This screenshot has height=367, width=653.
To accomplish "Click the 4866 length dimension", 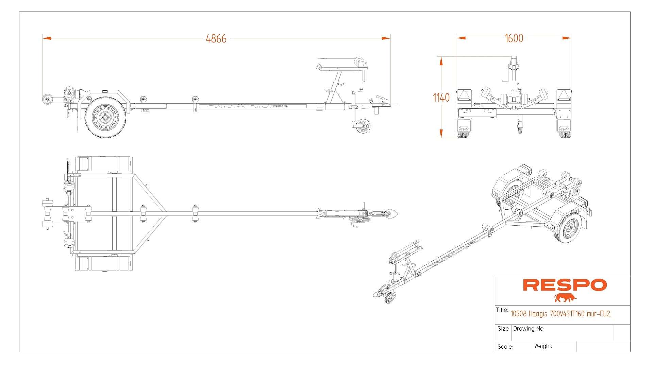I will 216,39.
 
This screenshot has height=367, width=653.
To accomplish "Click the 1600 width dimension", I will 514,38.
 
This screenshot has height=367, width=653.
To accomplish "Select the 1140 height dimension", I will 441,98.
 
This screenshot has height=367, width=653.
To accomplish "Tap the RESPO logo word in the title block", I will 565,285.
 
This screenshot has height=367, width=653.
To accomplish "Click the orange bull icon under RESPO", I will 565,298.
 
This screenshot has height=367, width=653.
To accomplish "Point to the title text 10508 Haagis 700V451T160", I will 560,314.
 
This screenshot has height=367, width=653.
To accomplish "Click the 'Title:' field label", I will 502,310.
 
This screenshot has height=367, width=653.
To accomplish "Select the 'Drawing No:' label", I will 529,329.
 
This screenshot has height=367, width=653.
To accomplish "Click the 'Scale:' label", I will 505,347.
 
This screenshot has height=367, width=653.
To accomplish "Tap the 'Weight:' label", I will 543,346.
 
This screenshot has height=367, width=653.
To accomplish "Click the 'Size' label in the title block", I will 503,329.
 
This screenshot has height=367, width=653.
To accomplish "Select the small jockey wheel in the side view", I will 363,126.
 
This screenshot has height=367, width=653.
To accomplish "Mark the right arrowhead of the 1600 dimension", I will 567,38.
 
